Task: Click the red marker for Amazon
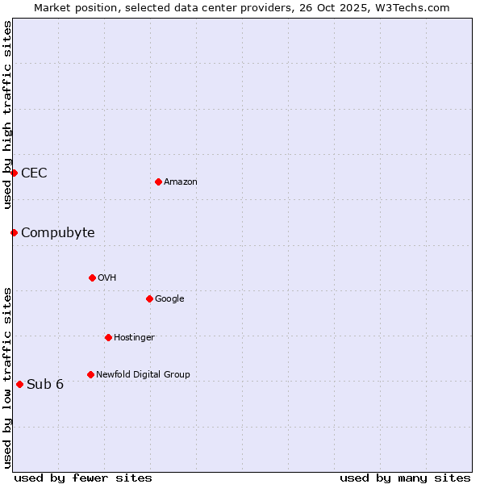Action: click(x=158, y=181)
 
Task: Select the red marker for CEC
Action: click(x=14, y=173)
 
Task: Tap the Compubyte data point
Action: click(x=14, y=232)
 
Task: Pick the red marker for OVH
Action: click(x=92, y=277)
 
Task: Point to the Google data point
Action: click(x=149, y=298)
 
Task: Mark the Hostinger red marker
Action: click(x=108, y=337)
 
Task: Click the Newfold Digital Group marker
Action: click(x=90, y=374)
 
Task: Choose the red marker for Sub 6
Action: click(x=19, y=384)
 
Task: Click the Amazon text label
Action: click(x=181, y=182)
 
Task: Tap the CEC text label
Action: click(x=34, y=173)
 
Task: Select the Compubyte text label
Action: click(x=57, y=233)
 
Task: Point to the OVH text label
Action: click(x=107, y=278)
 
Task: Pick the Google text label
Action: click(x=169, y=299)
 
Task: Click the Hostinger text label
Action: click(x=134, y=337)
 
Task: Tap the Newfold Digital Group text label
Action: click(x=143, y=374)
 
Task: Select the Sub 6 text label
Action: click(x=45, y=384)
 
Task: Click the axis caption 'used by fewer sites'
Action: click(x=83, y=478)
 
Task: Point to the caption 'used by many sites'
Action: click(x=405, y=478)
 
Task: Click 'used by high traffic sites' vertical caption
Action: click(x=7, y=115)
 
